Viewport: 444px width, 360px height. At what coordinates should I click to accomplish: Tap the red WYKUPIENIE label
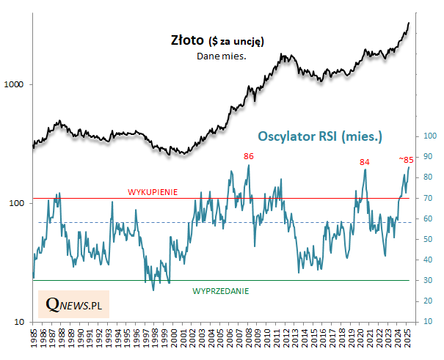[x=153, y=192]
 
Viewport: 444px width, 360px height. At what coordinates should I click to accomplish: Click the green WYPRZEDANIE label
[x=220, y=291]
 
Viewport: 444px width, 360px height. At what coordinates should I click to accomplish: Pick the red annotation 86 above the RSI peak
[x=248, y=156]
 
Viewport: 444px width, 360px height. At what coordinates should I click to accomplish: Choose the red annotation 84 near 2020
[x=364, y=162]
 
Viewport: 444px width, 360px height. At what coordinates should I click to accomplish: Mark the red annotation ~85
[x=405, y=159]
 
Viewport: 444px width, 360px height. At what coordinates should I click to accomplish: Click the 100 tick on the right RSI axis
[x=429, y=136]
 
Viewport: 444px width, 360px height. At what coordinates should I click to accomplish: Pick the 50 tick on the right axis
[x=426, y=239]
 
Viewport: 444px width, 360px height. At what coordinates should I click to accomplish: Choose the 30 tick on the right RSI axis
[x=426, y=280]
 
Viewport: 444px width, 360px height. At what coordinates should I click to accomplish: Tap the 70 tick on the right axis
[x=426, y=198]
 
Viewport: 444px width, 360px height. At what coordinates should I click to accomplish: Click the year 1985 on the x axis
[x=34, y=339]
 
